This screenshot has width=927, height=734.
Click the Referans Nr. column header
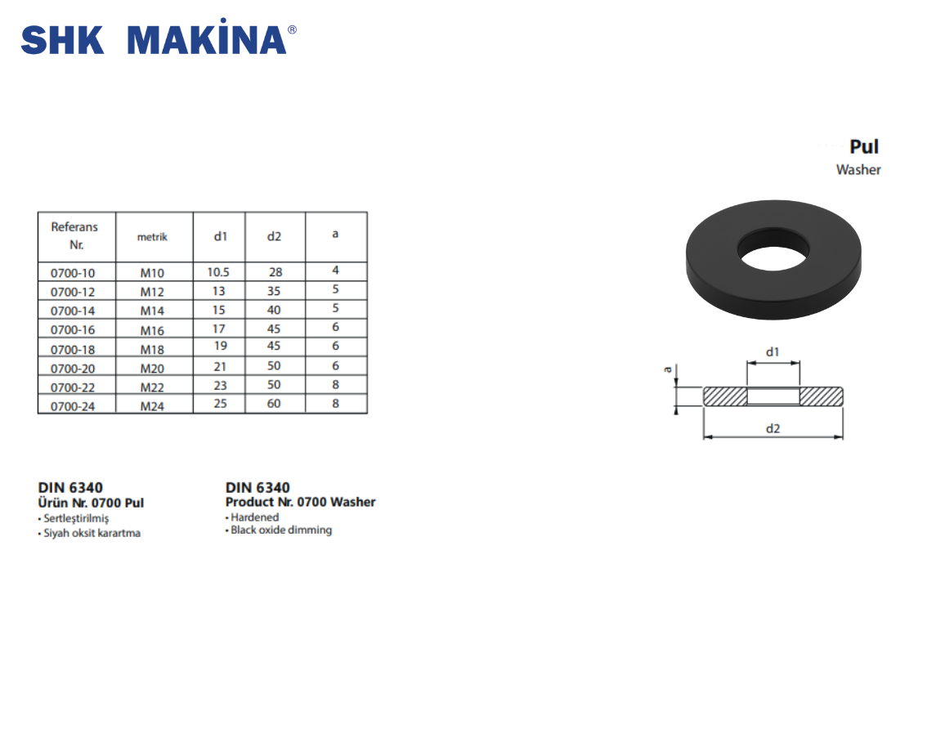[x=74, y=235]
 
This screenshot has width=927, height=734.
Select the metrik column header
[x=153, y=237]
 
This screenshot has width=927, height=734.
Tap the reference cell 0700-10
[x=73, y=273]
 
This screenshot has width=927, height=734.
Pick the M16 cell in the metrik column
[x=152, y=330]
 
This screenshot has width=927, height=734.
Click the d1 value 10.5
[x=218, y=272]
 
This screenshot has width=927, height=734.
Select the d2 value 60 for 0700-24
[x=274, y=404]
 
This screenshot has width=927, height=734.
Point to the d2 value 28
[x=275, y=272]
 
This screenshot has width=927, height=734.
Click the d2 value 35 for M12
[x=274, y=291]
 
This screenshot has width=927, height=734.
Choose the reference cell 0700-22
[x=73, y=387]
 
